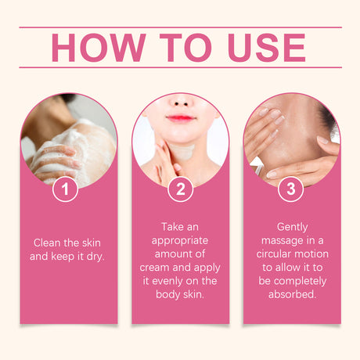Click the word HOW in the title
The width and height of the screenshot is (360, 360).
(99, 48)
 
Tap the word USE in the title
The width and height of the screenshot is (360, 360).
(266, 48)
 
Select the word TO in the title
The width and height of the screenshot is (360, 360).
(185, 48)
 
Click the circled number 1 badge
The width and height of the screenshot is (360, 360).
(65, 189)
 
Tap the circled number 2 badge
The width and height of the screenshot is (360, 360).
(180, 189)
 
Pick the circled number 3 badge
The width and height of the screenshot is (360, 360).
(291, 189)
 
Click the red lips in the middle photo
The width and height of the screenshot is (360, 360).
(181, 118)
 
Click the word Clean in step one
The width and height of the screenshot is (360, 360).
(47, 243)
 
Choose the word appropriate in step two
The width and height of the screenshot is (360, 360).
(180, 241)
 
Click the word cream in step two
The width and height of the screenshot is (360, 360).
(154, 268)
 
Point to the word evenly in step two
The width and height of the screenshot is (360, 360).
(167, 281)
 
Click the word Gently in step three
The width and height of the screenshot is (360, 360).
(292, 227)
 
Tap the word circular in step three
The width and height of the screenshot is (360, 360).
(273, 254)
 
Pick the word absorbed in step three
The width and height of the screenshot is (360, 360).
(292, 294)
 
